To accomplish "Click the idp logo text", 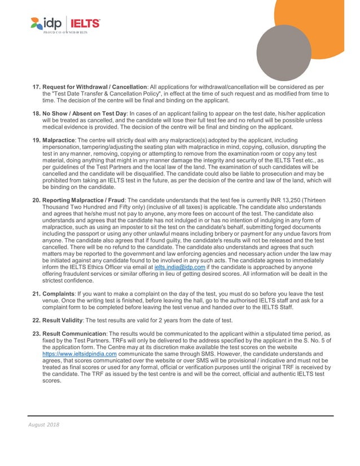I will click(x=52, y=23).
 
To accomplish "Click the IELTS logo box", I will click(x=85, y=23).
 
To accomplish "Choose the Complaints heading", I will click(x=60, y=294).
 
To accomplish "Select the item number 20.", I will click(x=36, y=201).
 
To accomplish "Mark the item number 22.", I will click(x=36, y=320).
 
